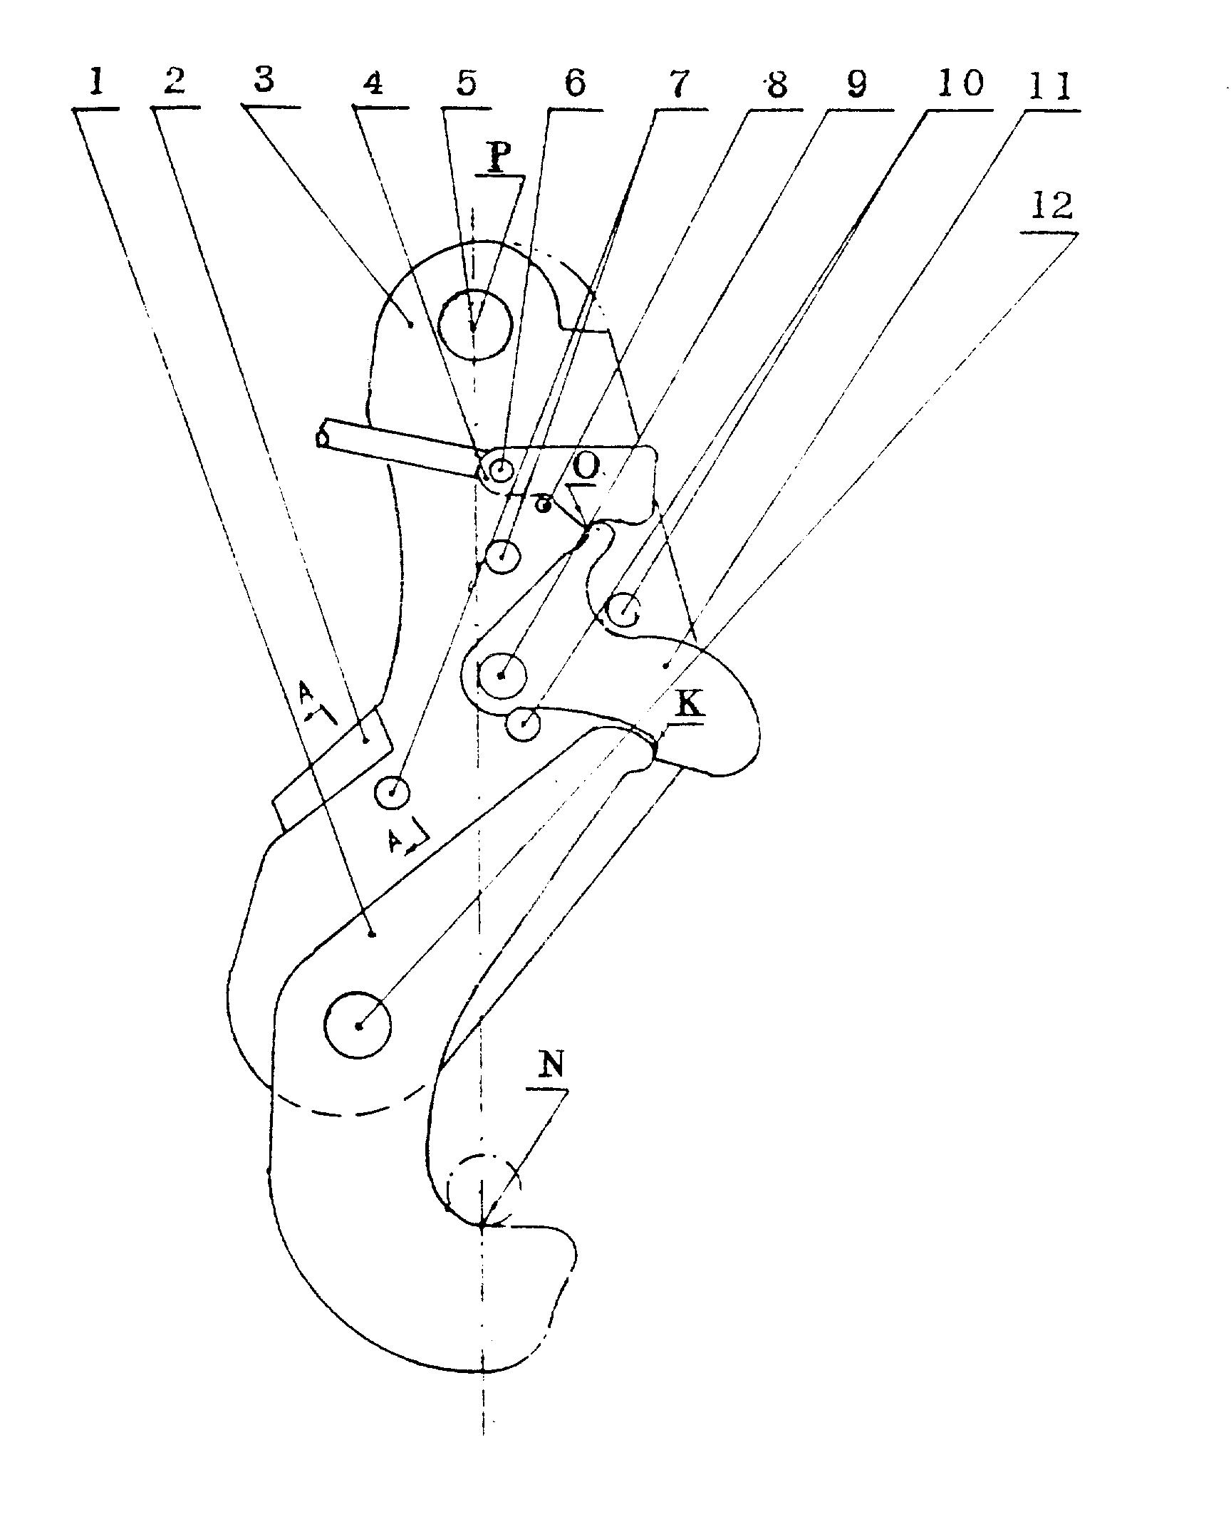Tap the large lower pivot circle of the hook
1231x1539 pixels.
[358, 1025]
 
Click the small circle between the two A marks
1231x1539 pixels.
[392, 792]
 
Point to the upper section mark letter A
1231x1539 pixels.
[306, 692]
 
